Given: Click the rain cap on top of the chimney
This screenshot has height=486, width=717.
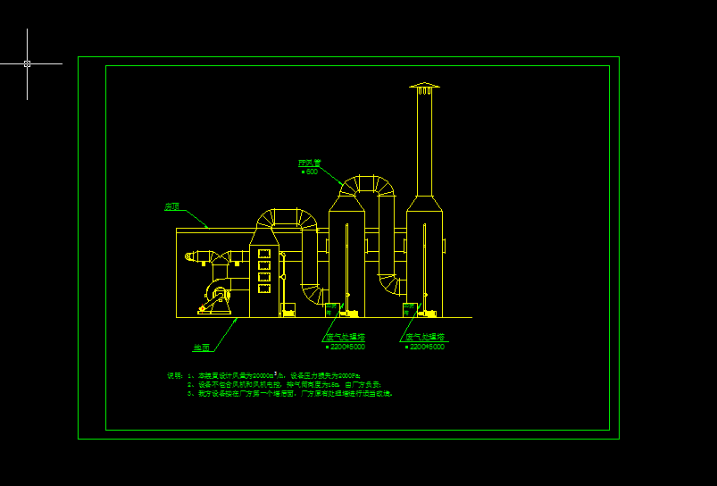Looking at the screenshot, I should (x=424, y=87).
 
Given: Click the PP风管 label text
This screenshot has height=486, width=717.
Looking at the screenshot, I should (x=309, y=163).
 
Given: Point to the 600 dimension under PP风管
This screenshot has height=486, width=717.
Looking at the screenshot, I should (x=311, y=172).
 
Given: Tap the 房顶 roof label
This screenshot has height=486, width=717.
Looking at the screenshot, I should (x=171, y=206).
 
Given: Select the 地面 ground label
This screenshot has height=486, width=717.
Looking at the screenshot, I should (x=201, y=347).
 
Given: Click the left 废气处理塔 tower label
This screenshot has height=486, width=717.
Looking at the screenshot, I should (x=341, y=338).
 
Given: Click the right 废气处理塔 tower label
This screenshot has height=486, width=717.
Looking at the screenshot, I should (x=424, y=338).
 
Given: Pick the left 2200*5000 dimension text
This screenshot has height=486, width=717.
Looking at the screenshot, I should (x=347, y=347).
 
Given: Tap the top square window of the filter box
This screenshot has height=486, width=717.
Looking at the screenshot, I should (x=263, y=255).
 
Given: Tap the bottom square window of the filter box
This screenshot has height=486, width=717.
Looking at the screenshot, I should (x=263, y=288).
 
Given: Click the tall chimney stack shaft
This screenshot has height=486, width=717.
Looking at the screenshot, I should (x=424, y=143).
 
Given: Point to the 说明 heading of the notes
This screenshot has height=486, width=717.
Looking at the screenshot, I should (x=174, y=375).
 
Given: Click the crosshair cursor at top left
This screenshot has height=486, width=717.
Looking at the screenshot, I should (x=27, y=63).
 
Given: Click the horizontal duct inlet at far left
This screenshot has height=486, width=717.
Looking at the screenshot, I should (x=192, y=257).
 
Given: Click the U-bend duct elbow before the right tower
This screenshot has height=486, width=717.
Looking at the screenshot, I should (x=389, y=284).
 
